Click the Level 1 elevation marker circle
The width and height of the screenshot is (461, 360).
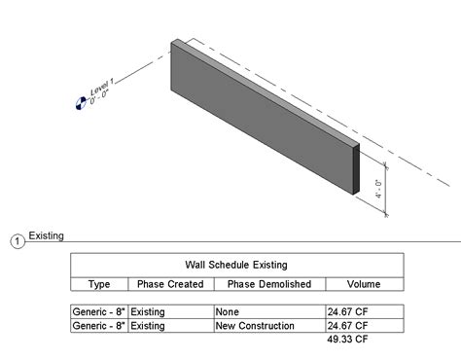click(x=80, y=103)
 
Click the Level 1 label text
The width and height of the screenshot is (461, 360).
click(x=101, y=90)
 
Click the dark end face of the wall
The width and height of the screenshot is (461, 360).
click(x=355, y=169)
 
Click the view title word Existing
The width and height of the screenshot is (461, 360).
click(x=46, y=235)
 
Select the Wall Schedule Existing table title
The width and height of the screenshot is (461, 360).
click(x=236, y=264)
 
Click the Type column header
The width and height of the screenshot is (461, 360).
click(x=99, y=284)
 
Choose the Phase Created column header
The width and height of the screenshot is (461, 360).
click(x=170, y=284)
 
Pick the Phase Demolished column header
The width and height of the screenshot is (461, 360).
click(x=268, y=284)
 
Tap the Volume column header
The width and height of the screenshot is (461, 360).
click(x=365, y=284)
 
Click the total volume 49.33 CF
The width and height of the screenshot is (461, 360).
click(x=347, y=341)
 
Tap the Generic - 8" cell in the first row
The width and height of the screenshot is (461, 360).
click(x=98, y=311)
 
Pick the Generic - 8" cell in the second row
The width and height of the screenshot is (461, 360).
click(x=98, y=326)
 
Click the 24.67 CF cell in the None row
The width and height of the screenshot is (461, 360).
click(x=347, y=311)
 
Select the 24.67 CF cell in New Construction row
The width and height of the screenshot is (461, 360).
click(x=347, y=326)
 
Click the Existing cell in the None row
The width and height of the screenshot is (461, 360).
click(x=148, y=311)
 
